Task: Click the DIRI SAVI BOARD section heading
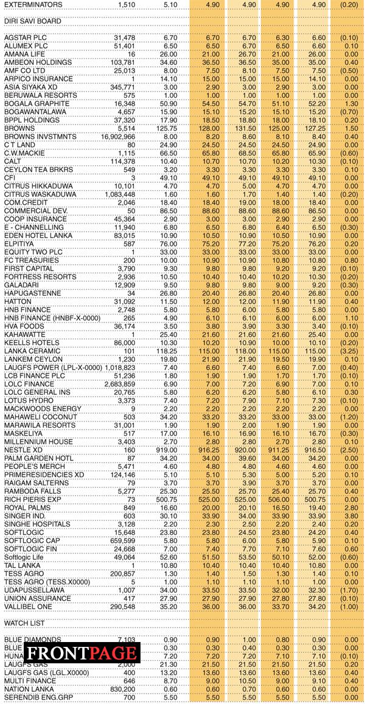pyautogui.click(x=33, y=20)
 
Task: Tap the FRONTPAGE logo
pyautogui.click(x=83, y=653)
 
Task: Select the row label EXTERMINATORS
pyautogui.click(x=33, y=4)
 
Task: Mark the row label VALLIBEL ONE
pyautogui.click(x=30, y=607)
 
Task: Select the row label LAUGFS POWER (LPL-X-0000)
pyautogui.click(x=54, y=368)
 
